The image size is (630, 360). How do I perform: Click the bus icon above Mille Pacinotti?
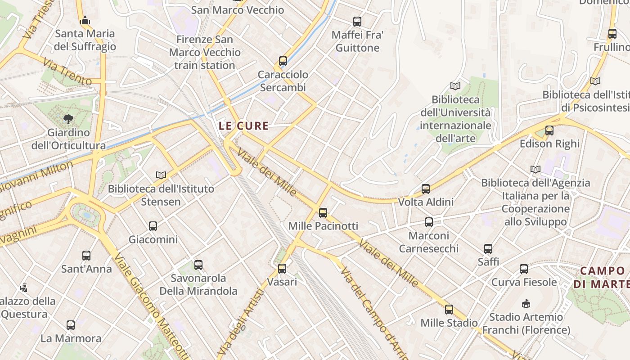point(323,213)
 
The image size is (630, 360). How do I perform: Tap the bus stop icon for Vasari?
point(282,269)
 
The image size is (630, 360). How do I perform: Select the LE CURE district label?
point(243,126)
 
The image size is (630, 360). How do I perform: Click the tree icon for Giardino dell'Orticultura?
point(68,119)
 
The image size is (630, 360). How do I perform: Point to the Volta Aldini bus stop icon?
point(426,189)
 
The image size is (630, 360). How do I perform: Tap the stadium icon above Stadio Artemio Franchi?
point(526,304)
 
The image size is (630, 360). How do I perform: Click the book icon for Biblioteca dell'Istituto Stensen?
point(161,175)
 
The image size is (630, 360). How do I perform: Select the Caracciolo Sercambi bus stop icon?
point(283,61)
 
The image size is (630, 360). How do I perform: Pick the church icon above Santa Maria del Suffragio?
point(85,20)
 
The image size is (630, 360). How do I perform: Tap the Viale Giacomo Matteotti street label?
point(151,306)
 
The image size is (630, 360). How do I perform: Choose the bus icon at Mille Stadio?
point(449,310)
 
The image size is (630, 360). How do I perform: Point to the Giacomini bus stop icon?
point(153,226)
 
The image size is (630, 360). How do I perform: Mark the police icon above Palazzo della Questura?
point(23,288)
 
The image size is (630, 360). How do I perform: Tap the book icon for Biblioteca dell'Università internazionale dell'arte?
point(455,86)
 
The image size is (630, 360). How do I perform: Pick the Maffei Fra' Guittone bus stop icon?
point(357,22)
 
